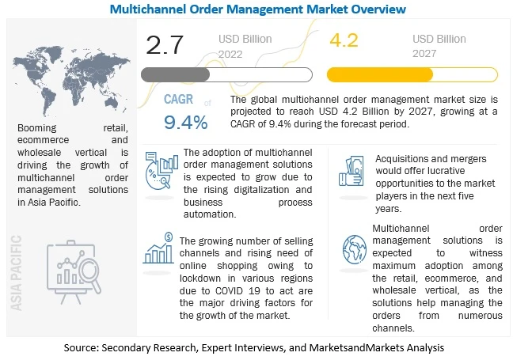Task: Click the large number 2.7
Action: point(166,45)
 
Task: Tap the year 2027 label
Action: point(427,54)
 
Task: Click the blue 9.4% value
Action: point(186,122)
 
